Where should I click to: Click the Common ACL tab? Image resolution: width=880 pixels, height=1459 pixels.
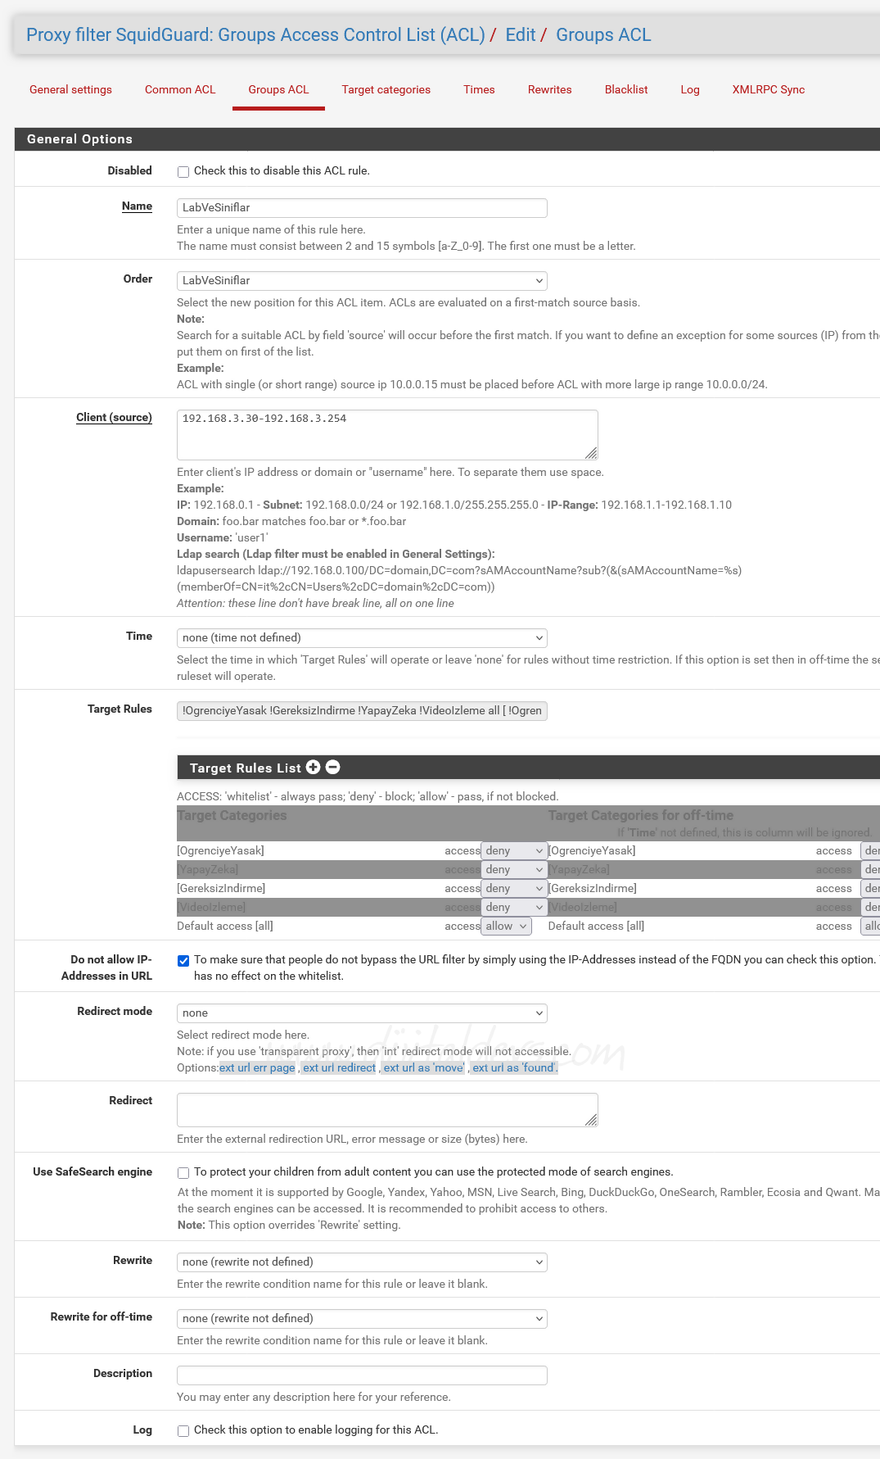click(179, 89)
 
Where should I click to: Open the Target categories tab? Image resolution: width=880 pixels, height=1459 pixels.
click(386, 89)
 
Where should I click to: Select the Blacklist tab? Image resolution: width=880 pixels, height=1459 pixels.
click(625, 89)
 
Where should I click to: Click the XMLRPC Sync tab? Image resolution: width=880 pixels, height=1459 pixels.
click(768, 89)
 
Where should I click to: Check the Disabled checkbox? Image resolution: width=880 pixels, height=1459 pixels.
click(183, 171)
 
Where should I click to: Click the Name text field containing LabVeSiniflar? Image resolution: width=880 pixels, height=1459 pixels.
click(362, 208)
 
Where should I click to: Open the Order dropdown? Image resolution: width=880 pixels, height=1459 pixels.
click(362, 281)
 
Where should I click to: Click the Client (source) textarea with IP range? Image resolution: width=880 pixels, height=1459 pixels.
click(386, 434)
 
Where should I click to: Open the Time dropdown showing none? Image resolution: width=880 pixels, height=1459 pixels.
click(362, 638)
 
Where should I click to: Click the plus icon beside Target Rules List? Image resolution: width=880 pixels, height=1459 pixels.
click(313, 768)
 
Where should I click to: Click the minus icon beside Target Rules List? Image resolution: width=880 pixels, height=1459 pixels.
click(332, 768)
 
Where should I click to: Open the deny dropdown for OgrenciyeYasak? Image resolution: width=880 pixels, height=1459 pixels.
click(513, 851)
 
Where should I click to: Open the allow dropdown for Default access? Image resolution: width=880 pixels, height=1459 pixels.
click(506, 927)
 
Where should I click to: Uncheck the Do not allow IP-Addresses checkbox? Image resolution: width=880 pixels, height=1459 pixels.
click(183, 961)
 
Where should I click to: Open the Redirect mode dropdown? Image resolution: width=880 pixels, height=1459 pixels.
click(362, 1013)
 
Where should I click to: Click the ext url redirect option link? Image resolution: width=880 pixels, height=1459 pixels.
click(339, 1068)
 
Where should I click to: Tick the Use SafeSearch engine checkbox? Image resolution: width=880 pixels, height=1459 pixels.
click(183, 1173)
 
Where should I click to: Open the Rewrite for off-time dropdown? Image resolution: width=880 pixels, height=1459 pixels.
click(362, 1319)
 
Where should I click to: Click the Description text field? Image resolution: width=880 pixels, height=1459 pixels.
click(362, 1375)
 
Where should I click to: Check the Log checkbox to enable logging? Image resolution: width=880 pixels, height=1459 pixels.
click(183, 1431)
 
